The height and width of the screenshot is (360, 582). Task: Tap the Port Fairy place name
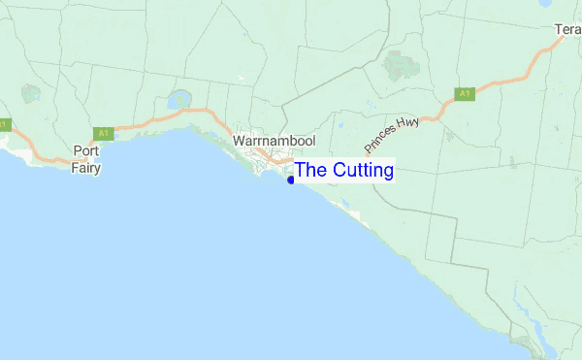(x=86, y=159)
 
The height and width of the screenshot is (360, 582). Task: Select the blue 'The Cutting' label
(x=344, y=171)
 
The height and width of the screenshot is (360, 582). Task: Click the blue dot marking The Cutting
(x=291, y=180)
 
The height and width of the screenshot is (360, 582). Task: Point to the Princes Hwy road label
(x=392, y=134)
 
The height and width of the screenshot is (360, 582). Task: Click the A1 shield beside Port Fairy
(x=102, y=132)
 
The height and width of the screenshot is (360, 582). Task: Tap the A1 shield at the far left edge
(x=4, y=124)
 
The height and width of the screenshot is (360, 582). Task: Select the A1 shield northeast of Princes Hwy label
(x=466, y=94)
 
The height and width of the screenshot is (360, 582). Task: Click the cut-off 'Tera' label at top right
(x=567, y=30)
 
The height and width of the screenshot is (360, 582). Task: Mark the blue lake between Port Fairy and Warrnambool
(x=179, y=100)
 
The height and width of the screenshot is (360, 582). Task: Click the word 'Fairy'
(x=86, y=167)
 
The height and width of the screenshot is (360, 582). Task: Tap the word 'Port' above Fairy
(x=86, y=151)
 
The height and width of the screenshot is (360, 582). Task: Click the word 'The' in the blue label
(x=311, y=171)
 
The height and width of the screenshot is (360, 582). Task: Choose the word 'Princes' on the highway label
(x=382, y=142)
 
